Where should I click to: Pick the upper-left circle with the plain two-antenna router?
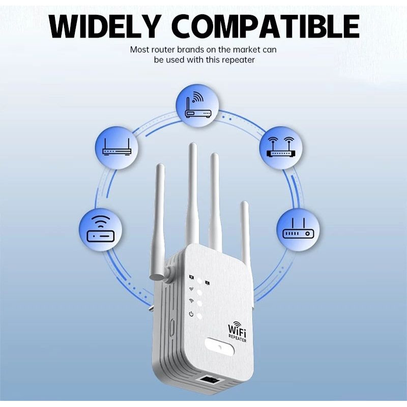[x=117, y=148]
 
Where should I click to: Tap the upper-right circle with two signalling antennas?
[x=281, y=148]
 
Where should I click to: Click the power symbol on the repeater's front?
[x=191, y=313]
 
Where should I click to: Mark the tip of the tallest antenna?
[x=193, y=147]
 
